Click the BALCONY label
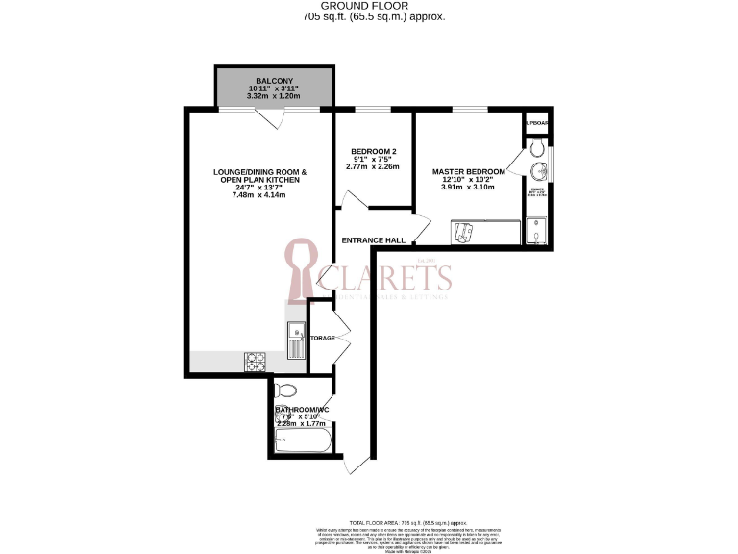tap(274, 80)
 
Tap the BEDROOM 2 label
tap(374, 152)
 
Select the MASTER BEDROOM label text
tap(468, 171)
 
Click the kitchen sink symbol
tap(295, 339)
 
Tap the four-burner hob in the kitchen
tap(257, 363)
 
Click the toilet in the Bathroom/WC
tap(286, 390)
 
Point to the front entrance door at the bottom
tap(353, 464)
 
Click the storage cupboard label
tap(322, 338)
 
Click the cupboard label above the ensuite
tap(536, 123)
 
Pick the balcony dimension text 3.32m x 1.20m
tap(274, 96)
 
